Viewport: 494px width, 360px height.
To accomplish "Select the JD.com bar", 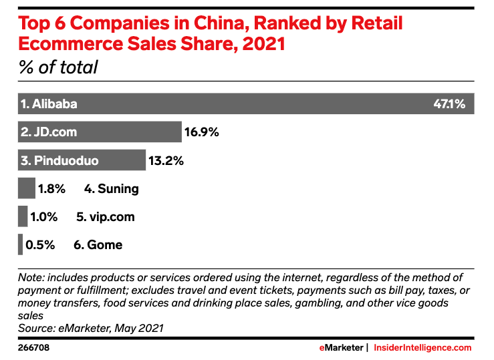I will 100,132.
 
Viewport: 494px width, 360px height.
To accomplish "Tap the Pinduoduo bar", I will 82,160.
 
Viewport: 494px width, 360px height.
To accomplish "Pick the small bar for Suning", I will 26,188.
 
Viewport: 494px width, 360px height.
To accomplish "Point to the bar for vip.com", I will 23,216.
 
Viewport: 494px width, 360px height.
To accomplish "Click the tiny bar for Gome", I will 21,244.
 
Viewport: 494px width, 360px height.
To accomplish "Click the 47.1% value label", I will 449,104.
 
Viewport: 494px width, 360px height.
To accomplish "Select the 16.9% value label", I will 202,132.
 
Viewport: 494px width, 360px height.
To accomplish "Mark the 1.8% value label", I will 51,188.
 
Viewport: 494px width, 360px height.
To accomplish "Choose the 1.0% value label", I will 44,216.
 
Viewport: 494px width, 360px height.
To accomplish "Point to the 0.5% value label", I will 40,244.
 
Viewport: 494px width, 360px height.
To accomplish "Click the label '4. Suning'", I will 112,188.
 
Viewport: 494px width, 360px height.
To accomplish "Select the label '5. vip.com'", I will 106,216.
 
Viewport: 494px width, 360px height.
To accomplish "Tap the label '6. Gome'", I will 98,244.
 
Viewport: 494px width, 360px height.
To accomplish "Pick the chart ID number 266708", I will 33,348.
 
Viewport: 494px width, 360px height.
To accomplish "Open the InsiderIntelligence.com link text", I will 422,348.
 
